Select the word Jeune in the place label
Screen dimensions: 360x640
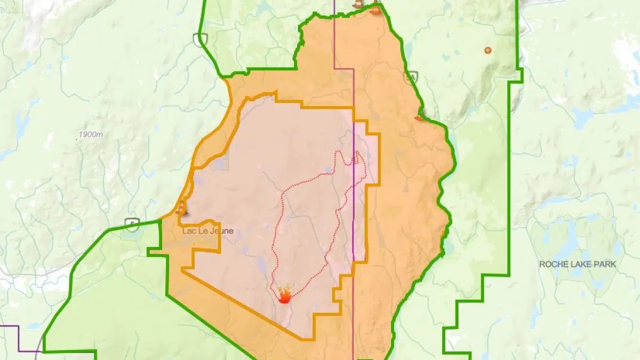pos(222,231)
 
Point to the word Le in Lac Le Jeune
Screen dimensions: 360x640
pos(204,231)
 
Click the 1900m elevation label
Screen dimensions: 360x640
pos(91,134)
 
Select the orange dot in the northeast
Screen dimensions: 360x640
pos(487,50)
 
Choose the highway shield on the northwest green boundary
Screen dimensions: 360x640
pos(201,39)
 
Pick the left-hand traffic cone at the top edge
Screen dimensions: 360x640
pos(358,3)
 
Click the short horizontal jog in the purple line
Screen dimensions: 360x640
pos(344,68)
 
